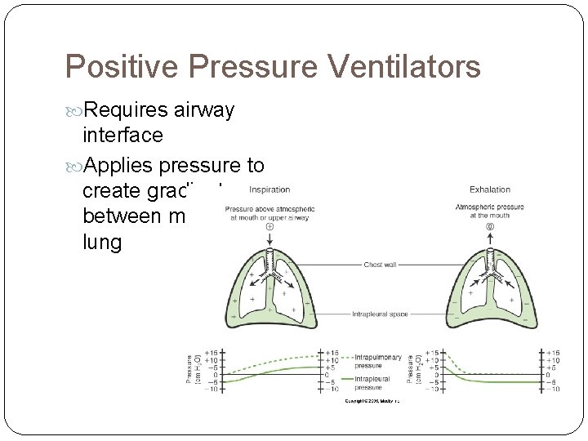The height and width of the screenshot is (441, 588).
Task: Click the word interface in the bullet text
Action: [x=122, y=134]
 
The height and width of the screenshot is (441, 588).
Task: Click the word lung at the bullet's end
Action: [x=101, y=243]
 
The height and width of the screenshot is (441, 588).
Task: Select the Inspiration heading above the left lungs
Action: [x=269, y=189]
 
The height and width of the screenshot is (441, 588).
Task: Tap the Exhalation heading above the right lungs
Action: [x=490, y=189]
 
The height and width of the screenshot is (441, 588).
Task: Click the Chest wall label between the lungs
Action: [x=381, y=265]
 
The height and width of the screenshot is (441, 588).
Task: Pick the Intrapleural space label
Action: [x=381, y=314]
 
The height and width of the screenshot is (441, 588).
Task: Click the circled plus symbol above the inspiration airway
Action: [x=269, y=227]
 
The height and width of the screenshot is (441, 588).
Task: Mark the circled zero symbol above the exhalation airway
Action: [x=490, y=226]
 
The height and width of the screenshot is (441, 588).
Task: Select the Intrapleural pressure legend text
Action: [x=373, y=382]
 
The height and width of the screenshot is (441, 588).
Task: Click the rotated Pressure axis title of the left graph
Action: [x=190, y=368]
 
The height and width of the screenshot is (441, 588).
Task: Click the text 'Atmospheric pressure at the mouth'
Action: [x=490, y=211]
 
